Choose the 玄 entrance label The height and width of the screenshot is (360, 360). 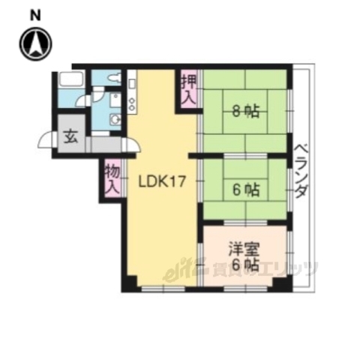[70, 136]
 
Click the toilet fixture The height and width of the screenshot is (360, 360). [112, 76]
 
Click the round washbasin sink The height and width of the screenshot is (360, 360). [115, 120]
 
